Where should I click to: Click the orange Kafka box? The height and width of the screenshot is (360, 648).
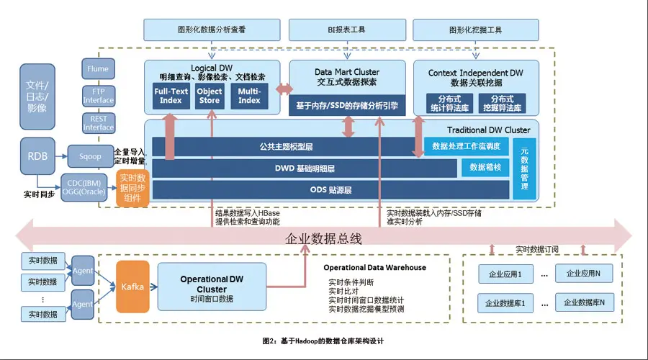tap(133, 287)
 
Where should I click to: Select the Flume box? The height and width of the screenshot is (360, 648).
tap(98, 69)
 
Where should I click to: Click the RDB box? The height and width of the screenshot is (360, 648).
tap(37, 156)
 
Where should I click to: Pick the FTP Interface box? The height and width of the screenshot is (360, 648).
tap(98, 96)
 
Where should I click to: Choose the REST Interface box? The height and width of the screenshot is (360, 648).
tap(98, 122)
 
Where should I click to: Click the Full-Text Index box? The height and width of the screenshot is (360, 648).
tap(171, 96)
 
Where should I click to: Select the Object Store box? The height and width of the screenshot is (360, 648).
tap(210, 96)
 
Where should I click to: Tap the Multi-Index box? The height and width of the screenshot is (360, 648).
tap(249, 96)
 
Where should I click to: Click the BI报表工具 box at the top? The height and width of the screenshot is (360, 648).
tap(341, 30)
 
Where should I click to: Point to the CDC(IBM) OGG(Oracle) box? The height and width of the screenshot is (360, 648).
tap(86, 186)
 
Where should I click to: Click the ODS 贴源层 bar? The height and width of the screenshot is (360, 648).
tap(330, 190)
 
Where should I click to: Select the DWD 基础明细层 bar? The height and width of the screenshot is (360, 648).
tap(305, 168)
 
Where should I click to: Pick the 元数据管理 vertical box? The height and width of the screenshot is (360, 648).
tap(524, 168)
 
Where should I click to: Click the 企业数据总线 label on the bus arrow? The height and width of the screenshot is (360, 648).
tap(323, 238)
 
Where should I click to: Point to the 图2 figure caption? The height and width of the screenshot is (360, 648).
tap(323, 339)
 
